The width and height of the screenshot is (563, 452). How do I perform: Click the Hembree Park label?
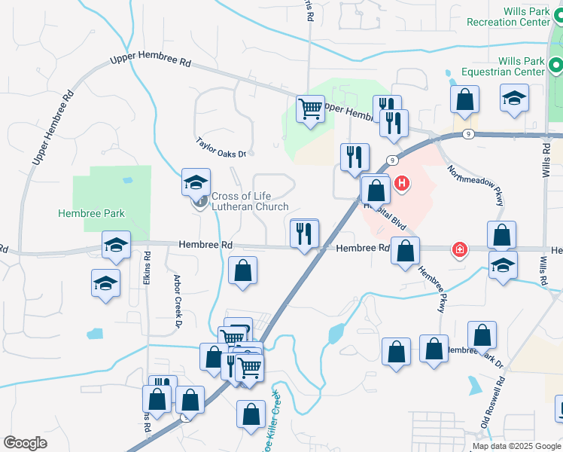tap(91, 213)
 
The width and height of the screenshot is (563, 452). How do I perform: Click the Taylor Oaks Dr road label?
tap(221, 148)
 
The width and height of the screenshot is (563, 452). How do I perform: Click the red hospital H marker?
tap(402, 182)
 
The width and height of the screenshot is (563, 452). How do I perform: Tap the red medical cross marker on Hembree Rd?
tap(458, 249)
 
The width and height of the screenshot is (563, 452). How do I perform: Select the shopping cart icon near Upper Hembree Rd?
tap(310, 110)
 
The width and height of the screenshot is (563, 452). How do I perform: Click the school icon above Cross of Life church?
tap(195, 182)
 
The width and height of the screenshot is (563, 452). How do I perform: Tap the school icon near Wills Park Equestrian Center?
tap(514, 99)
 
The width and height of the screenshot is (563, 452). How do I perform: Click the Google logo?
tap(25, 443)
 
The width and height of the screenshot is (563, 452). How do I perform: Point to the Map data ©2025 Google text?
tap(516, 446)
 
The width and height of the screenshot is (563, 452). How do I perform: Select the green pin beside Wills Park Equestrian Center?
tap(556, 66)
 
